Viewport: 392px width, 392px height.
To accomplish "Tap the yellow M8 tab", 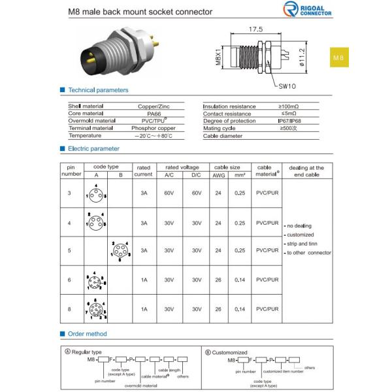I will [x=338, y=58].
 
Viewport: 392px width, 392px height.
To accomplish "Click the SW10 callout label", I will [x=288, y=85].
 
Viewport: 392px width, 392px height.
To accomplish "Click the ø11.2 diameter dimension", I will [x=301, y=58].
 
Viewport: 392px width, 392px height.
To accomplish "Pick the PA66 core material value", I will [x=154, y=113].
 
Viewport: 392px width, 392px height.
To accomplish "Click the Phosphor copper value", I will [x=154, y=128].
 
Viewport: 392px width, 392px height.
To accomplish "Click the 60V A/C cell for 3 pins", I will [x=169, y=194].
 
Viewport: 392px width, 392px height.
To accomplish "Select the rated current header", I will [x=143, y=171].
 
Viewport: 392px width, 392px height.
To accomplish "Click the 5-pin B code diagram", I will [x=120, y=251].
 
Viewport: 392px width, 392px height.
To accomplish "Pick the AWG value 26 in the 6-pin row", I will [x=218, y=280].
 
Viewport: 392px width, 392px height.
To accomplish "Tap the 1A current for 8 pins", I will [x=143, y=308].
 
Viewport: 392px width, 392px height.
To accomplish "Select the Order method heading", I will [x=87, y=334].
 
